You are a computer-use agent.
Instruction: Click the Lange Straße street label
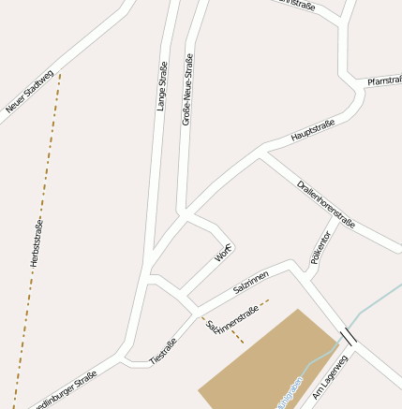click(x=162, y=85)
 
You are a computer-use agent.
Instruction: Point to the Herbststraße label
click(x=38, y=243)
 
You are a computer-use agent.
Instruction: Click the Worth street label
click(x=224, y=252)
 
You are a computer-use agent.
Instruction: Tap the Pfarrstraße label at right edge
click(x=384, y=81)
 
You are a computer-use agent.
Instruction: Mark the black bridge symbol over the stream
click(x=349, y=336)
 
